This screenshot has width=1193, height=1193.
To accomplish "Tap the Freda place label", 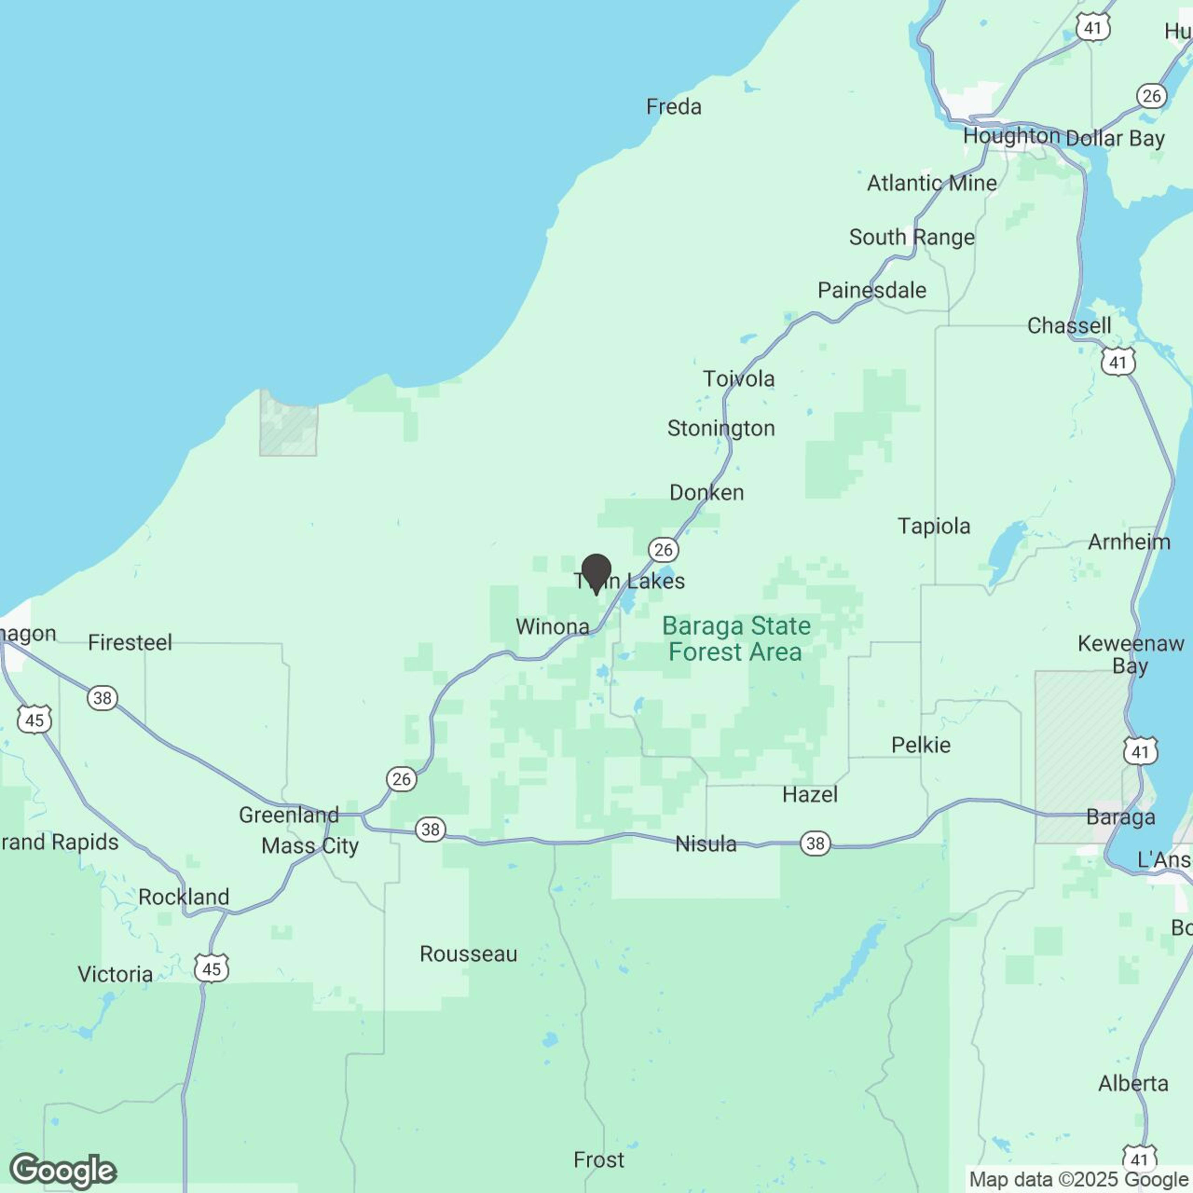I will [x=674, y=107].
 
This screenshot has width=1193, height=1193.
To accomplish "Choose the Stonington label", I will [x=721, y=428].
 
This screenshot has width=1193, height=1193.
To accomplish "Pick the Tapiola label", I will [x=934, y=526].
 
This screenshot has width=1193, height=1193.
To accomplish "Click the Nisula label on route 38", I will [x=706, y=844].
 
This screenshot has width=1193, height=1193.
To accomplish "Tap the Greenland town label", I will [x=288, y=815].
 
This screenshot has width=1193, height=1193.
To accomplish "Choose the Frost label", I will [x=598, y=1160].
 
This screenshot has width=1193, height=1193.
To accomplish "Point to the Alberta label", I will [x=1133, y=1084].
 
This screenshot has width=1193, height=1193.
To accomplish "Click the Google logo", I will [x=63, y=1171].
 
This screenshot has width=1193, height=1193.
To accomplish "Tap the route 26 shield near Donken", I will [x=663, y=549].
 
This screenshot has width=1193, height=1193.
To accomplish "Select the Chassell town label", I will [x=1068, y=325].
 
